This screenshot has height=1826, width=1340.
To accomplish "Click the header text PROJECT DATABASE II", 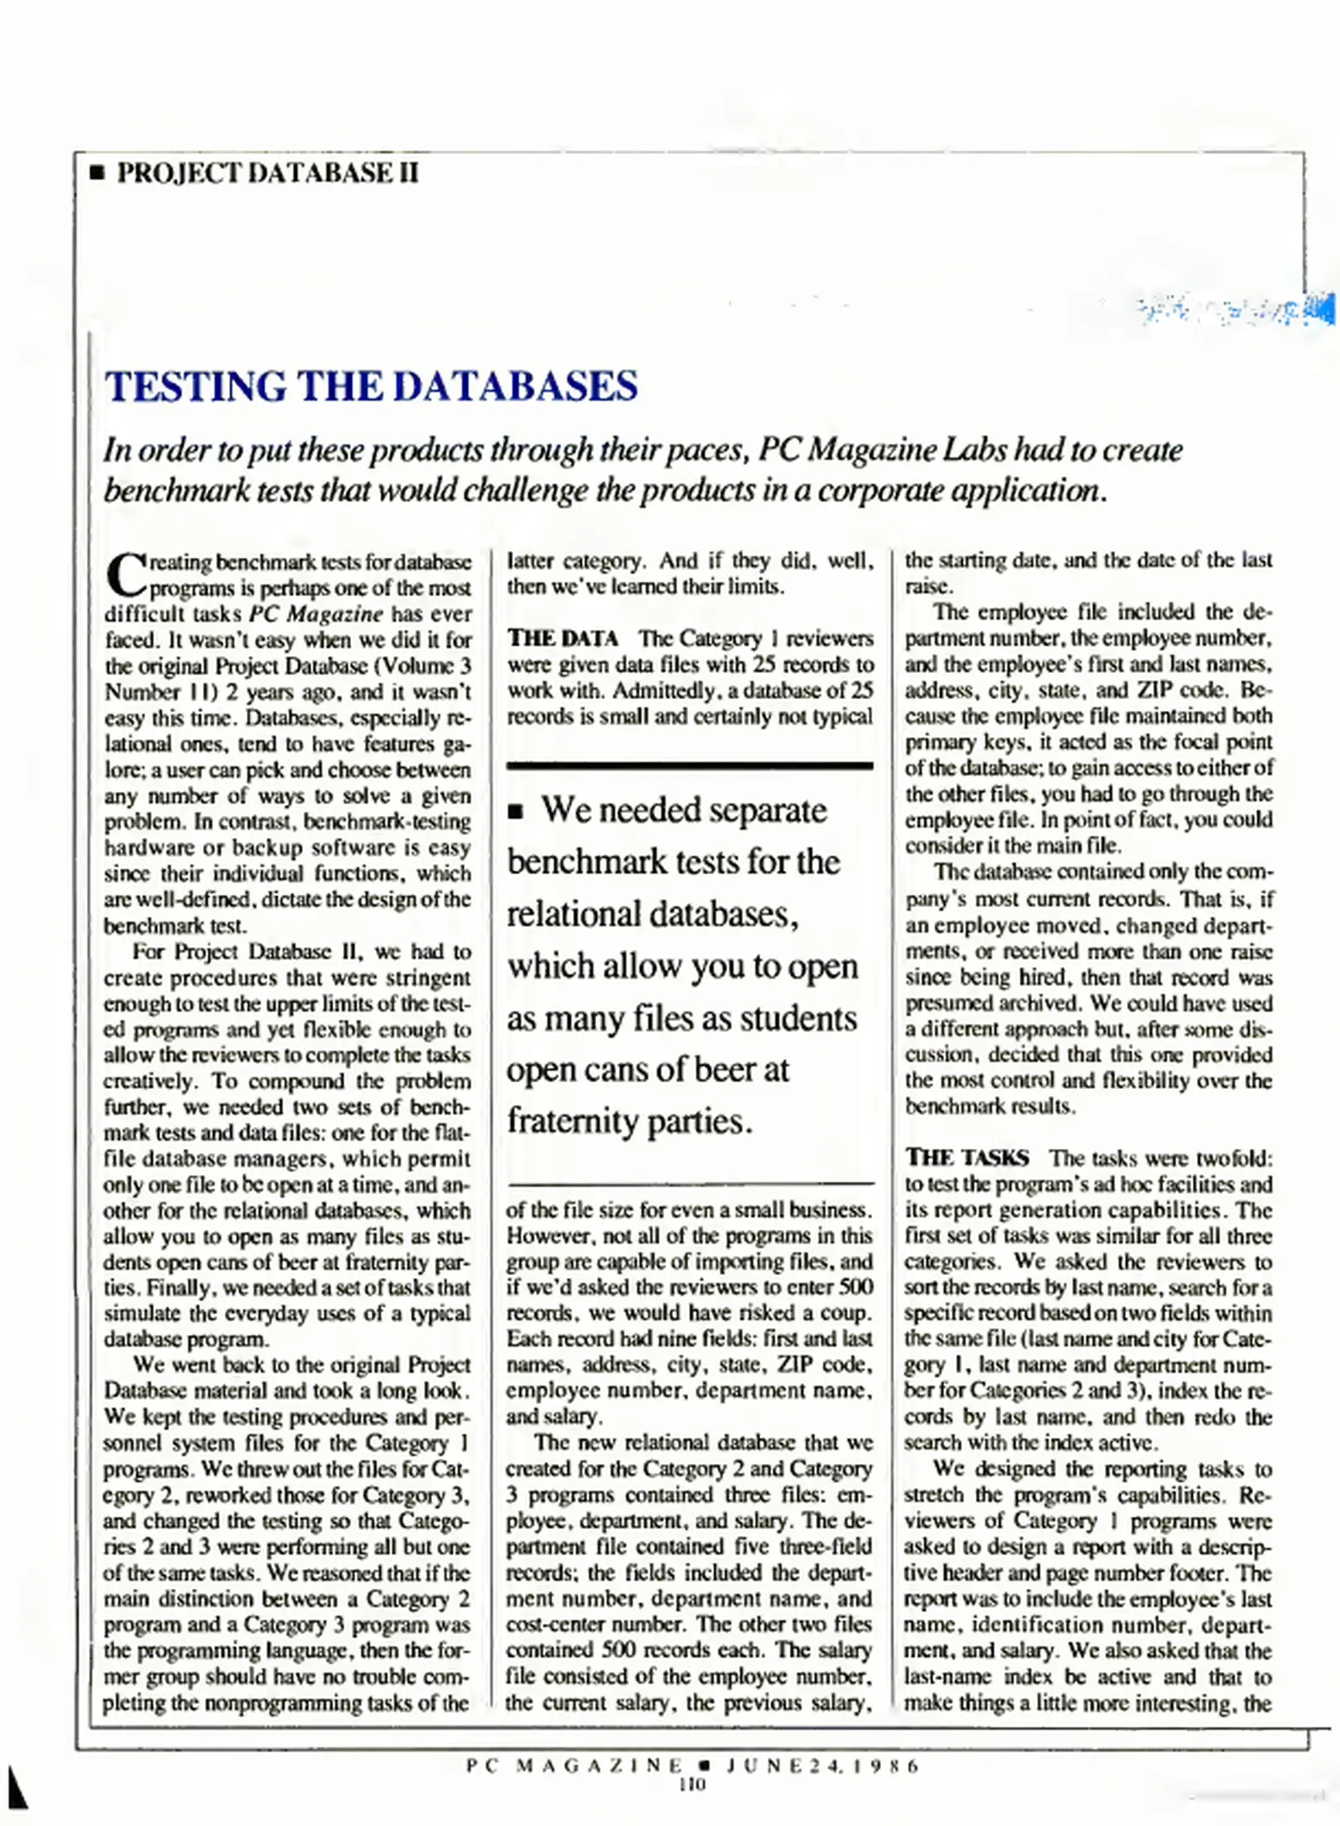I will [267, 173].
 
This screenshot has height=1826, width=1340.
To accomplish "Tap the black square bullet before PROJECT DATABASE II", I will [97, 174].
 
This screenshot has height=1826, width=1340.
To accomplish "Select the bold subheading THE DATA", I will [562, 638].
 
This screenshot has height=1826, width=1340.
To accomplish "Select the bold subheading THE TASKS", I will [967, 1157].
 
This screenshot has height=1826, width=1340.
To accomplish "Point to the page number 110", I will [692, 1785].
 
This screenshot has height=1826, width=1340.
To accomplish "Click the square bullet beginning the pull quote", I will [517, 812].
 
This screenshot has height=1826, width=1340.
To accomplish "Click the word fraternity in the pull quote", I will [572, 1122].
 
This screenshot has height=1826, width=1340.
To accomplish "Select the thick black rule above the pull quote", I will [689, 766].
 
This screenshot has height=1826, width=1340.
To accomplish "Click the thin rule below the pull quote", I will [689, 1183].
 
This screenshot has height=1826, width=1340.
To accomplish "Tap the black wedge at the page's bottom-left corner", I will [16, 1787].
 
